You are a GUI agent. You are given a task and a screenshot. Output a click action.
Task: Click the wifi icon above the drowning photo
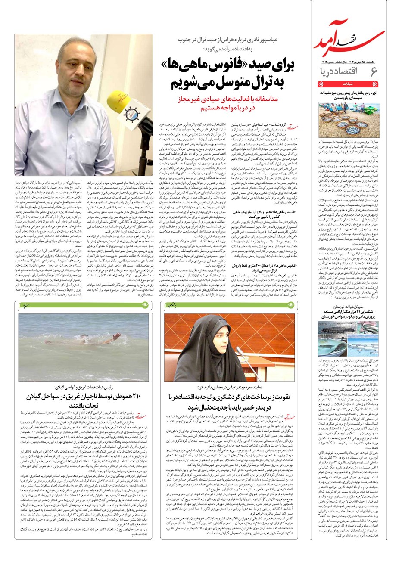(145, 305)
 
